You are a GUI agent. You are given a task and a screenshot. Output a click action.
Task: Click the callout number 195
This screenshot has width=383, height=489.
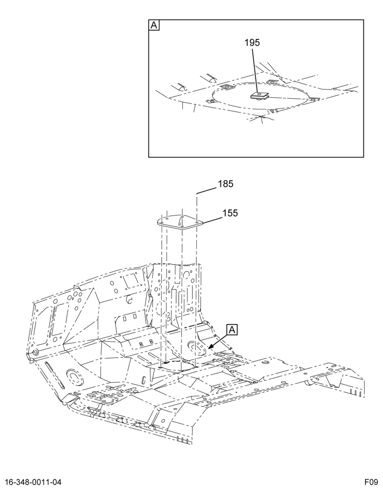coord(252,43)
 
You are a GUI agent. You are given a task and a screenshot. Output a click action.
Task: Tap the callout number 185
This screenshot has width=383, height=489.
coord(225,184)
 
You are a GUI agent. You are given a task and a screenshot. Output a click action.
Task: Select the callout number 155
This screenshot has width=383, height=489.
coord(230,213)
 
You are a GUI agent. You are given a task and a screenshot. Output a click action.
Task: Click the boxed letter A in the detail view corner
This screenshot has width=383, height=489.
coord(154,25)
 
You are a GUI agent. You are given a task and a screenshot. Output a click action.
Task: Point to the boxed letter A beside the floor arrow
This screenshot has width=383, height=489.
coord(232,330)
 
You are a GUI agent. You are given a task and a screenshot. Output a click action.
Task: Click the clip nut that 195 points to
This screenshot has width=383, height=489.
coord(260,95)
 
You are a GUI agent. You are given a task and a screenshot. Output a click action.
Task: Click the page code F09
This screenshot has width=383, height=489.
coord(372,482)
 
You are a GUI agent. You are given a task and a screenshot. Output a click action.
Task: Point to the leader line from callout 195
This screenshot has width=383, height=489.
coord(255,70)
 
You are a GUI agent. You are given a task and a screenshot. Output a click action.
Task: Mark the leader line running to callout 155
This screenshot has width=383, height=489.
coord(213,220)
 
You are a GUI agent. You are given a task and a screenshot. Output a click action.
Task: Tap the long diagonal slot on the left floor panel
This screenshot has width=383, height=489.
coord(55,375)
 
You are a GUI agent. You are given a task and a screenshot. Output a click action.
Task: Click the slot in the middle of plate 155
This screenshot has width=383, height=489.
coord(180,221)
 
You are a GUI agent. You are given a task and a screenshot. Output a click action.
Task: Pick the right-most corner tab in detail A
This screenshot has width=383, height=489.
coord(314,99)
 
